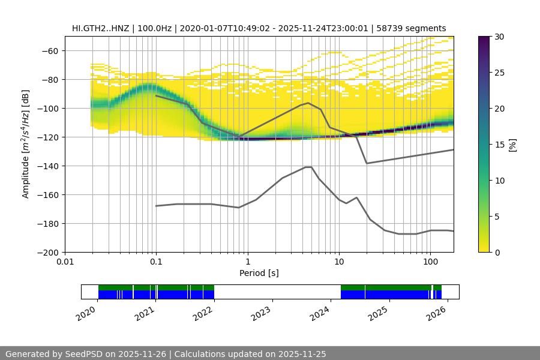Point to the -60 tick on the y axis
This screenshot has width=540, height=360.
pyautogui.click(x=49, y=50)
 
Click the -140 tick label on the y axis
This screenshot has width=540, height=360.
pyautogui.click(x=47, y=166)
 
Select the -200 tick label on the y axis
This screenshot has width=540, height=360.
pyautogui.click(x=47, y=252)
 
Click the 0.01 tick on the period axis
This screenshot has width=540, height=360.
pyautogui.click(x=65, y=262)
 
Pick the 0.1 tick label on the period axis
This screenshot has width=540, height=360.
pyautogui.click(x=156, y=262)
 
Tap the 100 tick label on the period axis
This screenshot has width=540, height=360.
pyautogui.click(x=430, y=262)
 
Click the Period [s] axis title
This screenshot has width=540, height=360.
pyautogui.click(x=259, y=273)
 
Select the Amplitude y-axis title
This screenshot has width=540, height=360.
pyautogui.click(x=26, y=144)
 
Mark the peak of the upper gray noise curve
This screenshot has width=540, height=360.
pyautogui.click(x=308, y=103)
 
